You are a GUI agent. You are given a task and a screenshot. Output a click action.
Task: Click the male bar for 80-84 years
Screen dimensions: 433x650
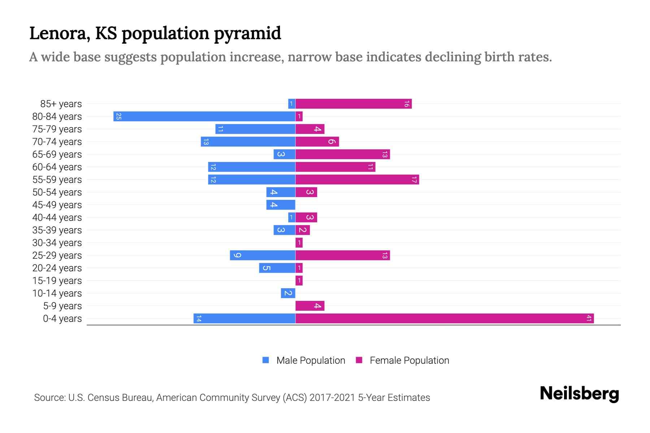click(x=204, y=117)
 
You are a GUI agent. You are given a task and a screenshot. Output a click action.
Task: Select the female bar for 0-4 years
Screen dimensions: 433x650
click(x=445, y=319)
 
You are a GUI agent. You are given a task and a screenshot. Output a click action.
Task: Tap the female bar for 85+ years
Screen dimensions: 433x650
click(x=354, y=104)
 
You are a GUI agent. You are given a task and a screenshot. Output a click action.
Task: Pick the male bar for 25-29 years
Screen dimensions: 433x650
click(x=263, y=255)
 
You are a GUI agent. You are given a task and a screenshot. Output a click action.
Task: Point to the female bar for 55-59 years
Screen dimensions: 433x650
click(x=357, y=180)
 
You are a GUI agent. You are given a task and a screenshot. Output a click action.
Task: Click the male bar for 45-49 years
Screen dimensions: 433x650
click(x=281, y=205)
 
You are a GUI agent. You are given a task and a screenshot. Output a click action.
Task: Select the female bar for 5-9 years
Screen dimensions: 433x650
click(x=310, y=306)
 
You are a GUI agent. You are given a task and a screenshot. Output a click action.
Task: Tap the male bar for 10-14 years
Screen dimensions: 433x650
click(x=288, y=293)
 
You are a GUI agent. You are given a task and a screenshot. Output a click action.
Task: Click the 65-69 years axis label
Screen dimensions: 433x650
click(x=57, y=154)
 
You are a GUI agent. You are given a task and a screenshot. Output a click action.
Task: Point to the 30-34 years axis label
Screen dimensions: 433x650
click(x=57, y=243)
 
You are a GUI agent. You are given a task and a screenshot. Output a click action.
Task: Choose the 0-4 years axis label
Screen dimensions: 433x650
click(x=62, y=319)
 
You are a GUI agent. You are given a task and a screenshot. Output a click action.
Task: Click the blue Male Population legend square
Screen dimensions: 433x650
click(x=266, y=360)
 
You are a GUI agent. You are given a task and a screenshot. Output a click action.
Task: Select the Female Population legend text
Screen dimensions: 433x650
click(x=409, y=360)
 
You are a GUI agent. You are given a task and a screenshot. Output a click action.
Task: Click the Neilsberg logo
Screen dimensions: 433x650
click(x=579, y=394)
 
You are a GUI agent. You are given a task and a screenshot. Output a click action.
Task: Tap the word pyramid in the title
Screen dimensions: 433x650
click(x=247, y=34)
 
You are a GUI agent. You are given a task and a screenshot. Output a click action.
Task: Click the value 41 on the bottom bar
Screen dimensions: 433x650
click(x=589, y=319)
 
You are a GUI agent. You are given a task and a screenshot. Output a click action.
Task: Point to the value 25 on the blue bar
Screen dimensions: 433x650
click(x=118, y=117)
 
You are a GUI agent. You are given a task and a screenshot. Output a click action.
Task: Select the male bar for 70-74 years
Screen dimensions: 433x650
click(x=248, y=142)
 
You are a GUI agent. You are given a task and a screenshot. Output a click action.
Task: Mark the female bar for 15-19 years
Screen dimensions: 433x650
click(x=299, y=281)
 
